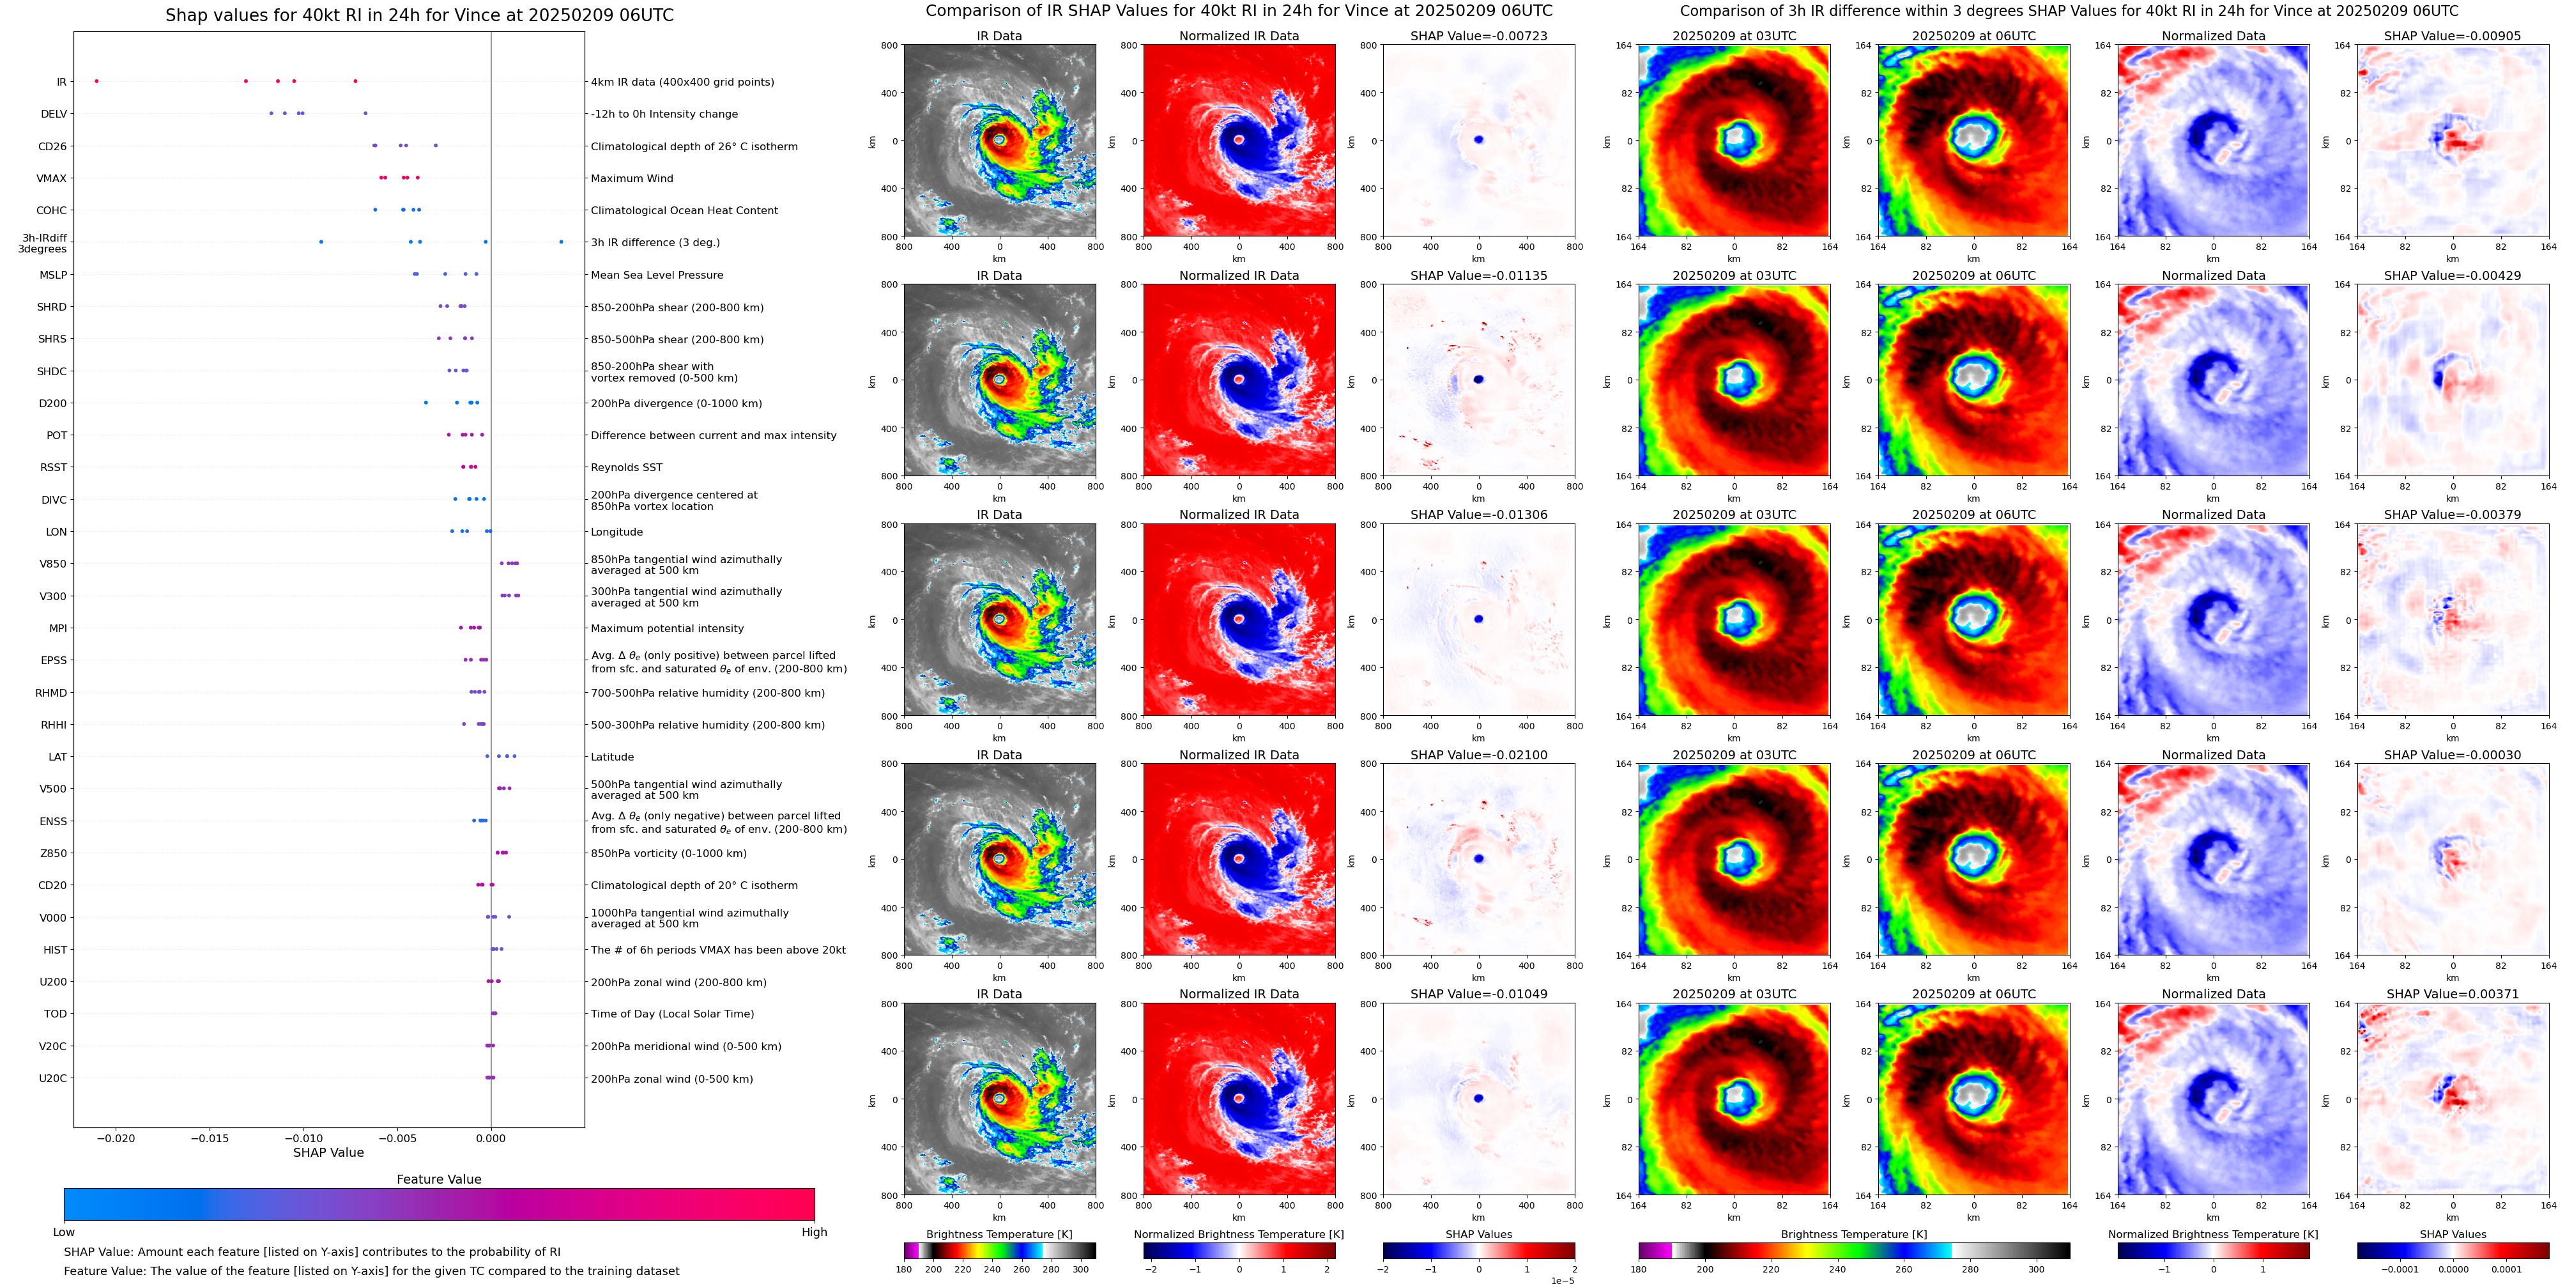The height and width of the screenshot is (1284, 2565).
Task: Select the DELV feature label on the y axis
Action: click(x=54, y=114)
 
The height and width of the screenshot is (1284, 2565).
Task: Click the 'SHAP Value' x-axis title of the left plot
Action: click(x=328, y=1152)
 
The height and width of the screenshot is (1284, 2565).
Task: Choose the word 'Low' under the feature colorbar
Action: click(x=64, y=1232)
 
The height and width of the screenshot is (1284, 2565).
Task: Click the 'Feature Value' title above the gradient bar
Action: click(x=438, y=1179)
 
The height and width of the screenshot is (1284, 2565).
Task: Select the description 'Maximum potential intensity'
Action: click(x=667, y=628)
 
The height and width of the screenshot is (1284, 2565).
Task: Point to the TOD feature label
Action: click(x=56, y=1014)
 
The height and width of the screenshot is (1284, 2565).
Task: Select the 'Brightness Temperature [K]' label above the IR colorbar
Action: click(x=999, y=1234)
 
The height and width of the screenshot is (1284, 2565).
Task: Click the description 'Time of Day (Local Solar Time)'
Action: click(x=672, y=1014)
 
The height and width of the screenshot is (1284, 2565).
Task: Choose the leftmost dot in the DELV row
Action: click(x=271, y=114)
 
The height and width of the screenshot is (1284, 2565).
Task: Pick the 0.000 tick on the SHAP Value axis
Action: click(x=490, y=1138)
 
